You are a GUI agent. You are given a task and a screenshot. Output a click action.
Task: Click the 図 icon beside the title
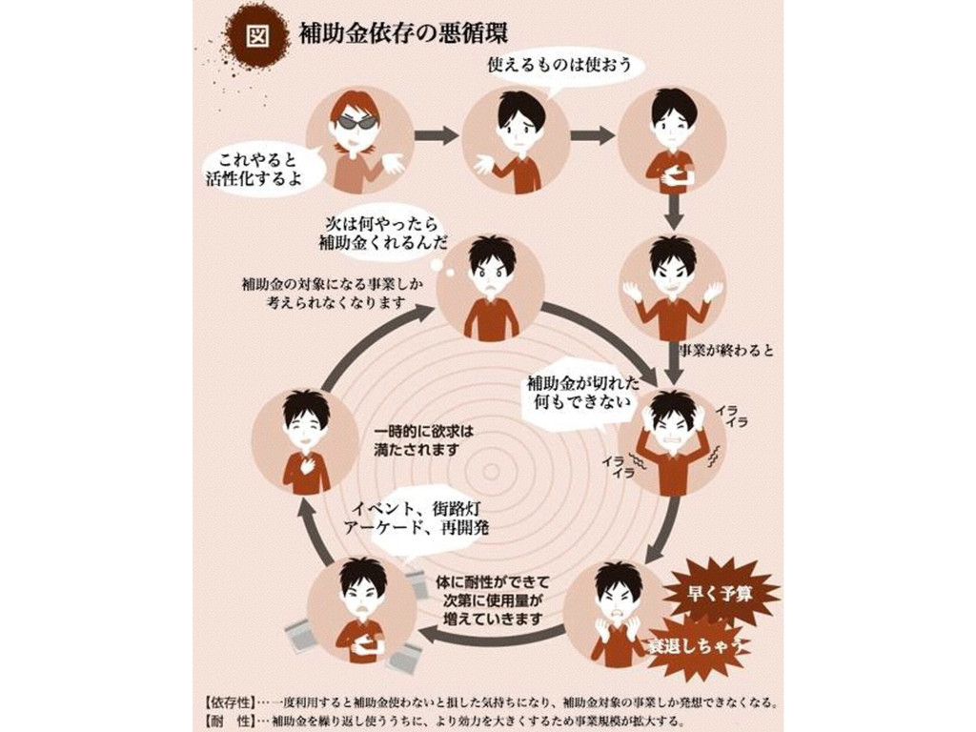(254, 33)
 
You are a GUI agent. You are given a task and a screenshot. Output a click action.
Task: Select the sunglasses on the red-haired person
(356, 122)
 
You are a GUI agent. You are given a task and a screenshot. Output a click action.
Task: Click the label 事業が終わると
(724, 350)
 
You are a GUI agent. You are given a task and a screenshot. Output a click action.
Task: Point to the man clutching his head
(673, 439)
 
